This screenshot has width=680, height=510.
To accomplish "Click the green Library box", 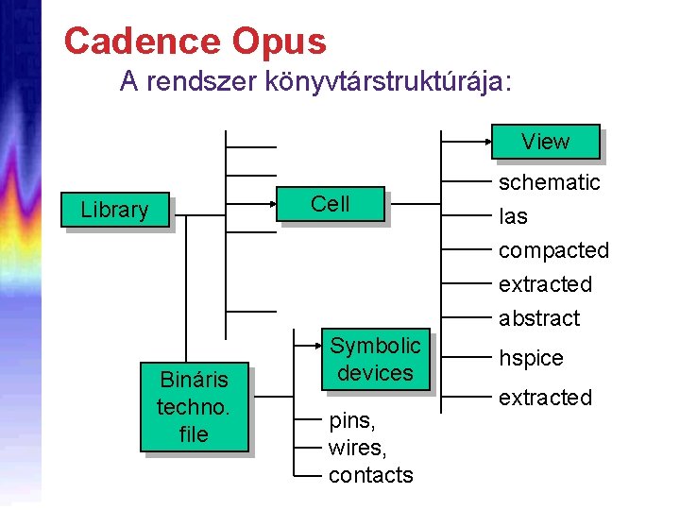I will click(x=114, y=210).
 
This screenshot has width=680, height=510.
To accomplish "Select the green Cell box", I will click(x=330, y=203).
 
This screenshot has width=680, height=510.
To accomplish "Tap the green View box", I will click(x=545, y=142).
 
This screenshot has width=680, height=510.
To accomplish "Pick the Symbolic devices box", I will click(x=375, y=359).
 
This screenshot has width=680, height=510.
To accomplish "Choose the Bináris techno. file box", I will click(x=194, y=407).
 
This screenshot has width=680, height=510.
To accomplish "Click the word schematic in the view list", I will click(x=549, y=182).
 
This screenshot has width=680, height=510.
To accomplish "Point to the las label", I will click(x=513, y=216).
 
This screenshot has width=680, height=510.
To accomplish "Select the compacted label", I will click(x=553, y=250).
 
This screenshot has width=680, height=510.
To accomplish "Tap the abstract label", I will click(x=538, y=318).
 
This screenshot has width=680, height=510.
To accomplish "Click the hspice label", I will click(x=531, y=358).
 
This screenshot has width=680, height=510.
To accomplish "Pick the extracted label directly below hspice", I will click(x=545, y=398).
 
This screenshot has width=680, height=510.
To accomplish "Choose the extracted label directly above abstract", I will click(x=545, y=284).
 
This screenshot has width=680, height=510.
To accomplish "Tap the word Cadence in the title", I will click(x=140, y=41).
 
